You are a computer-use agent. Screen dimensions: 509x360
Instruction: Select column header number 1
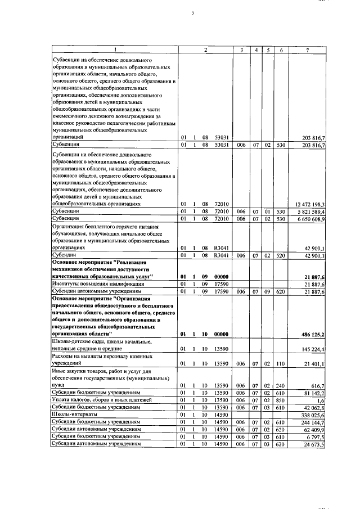point(115,51)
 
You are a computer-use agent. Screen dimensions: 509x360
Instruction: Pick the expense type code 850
point(281,399)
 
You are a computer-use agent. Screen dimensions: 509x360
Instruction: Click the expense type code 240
point(281,385)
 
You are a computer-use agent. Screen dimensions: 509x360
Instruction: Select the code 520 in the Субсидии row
point(281,255)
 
